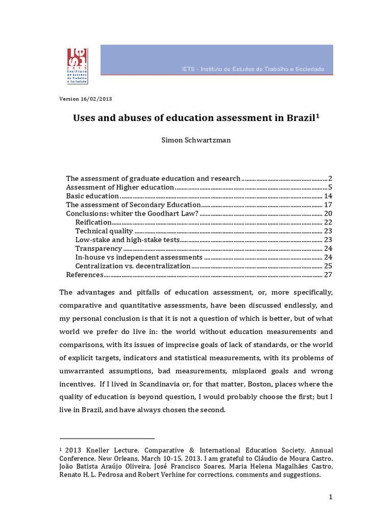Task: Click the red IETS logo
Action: (x=77, y=66)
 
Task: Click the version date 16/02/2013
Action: (x=97, y=99)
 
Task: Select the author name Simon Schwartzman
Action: (x=195, y=140)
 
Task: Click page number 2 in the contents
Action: (x=330, y=178)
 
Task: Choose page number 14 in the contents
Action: (x=328, y=196)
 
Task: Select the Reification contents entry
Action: (x=93, y=222)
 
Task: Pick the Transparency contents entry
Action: (x=99, y=249)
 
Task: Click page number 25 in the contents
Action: (x=328, y=266)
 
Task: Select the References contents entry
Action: (x=85, y=275)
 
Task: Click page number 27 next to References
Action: (x=328, y=275)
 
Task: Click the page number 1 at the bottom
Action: (x=331, y=497)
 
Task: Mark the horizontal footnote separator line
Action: (x=107, y=438)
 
